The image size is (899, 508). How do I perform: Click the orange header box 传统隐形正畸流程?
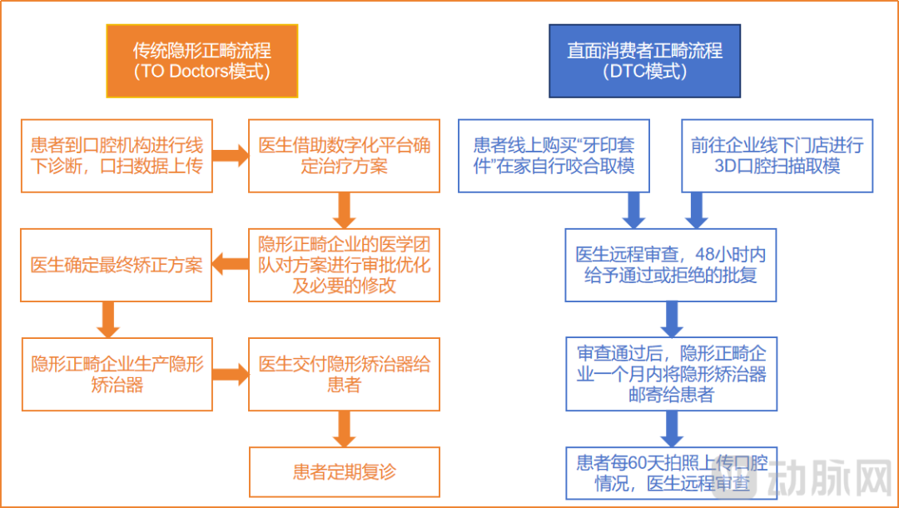tap(201, 61)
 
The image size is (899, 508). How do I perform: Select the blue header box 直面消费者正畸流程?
tap(644, 61)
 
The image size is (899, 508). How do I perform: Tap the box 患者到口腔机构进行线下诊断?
tap(117, 155)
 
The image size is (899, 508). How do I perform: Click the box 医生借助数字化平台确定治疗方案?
tap(344, 155)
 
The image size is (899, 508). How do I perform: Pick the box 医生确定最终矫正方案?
tap(117, 265)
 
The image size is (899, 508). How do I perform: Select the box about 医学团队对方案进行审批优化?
tap(344, 265)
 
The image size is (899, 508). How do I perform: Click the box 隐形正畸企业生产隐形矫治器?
tap(117, 375)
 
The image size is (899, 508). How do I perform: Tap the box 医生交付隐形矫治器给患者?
tap(344, 375)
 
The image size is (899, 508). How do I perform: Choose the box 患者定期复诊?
tap(344, 472)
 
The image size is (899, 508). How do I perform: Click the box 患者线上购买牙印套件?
tap(554, 156)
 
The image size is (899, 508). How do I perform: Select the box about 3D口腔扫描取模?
tap(777, 156)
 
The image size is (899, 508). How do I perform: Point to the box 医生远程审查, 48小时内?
tap(670, 265)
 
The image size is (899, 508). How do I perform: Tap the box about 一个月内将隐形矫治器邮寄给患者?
tap(670, 374)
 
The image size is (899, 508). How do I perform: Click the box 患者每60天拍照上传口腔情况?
tap(670, 472)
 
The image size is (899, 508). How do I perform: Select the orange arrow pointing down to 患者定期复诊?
tap(344, 429)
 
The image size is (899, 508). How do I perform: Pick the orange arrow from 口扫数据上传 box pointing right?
tap(231, 155)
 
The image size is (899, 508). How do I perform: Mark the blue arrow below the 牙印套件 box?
tap(634, 211)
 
